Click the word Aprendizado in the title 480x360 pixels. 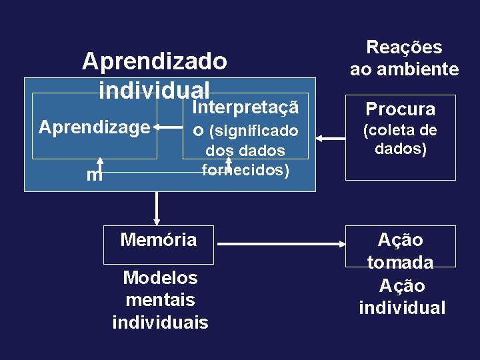(155, 61)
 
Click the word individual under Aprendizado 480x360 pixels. (154, 89)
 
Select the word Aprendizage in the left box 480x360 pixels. (94, 127)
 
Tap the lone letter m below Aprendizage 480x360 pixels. (94, 175)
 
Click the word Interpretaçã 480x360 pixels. (243, 107)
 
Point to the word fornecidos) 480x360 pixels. (245, 170)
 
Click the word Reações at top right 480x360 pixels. (404, 47)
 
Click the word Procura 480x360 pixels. (400, 109)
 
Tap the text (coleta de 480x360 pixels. (400, 130)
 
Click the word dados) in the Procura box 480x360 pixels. (400, 149)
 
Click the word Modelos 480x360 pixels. (160, 277)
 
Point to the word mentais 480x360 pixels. (160, 300)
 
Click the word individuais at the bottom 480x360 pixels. (160, 323)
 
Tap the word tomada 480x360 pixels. (400, 263)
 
